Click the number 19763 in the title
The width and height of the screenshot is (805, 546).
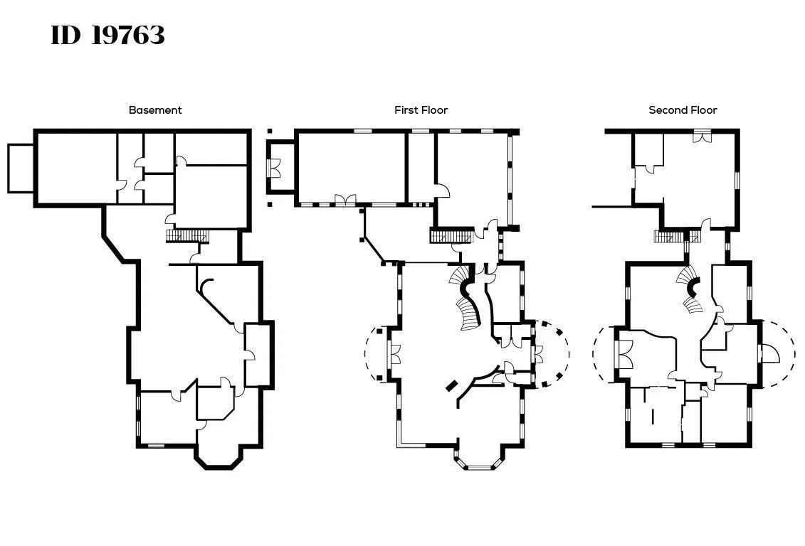click(x=129, y=36)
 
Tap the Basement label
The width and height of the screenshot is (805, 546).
click(x=155, y=109)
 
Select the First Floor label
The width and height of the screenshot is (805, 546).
click(x=421, y=109)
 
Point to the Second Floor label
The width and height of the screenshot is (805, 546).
click(x=683, y=109)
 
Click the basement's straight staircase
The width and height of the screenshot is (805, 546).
click(x=188, y=236)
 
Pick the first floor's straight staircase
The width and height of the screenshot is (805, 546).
click(x=451, y=236)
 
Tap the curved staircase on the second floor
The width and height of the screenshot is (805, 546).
click(x=690, y=289)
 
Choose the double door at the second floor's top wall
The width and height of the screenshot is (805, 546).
click(x=701, y=136)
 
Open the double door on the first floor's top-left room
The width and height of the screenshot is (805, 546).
click(x=345, y=200)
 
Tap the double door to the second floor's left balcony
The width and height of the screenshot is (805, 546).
click(x=624, y=354)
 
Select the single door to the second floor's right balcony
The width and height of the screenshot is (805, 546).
click(x=769, y=353)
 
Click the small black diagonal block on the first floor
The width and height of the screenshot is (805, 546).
click(x=452, y=385)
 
